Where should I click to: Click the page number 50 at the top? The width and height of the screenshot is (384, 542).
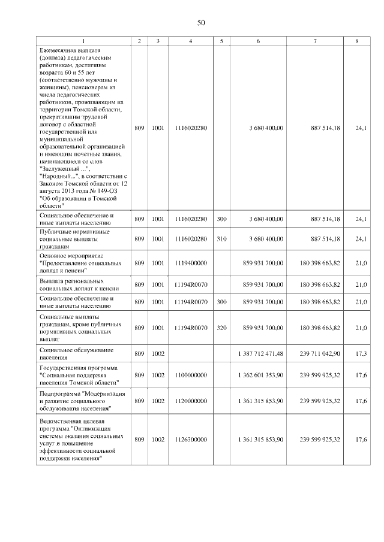[202, 23]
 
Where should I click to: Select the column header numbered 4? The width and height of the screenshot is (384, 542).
[190, 41]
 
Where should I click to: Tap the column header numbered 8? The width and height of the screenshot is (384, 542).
[357, 41]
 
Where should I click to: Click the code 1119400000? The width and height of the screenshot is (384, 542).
[191, 264]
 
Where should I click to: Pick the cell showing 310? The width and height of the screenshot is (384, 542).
[221, 238]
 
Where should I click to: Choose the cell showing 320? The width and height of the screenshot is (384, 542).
[221, 328]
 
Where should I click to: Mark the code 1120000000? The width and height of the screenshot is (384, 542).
[191, 401]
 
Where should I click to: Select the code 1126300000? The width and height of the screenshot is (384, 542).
[191, 440]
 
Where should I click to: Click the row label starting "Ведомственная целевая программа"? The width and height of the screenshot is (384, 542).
[82, 440]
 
